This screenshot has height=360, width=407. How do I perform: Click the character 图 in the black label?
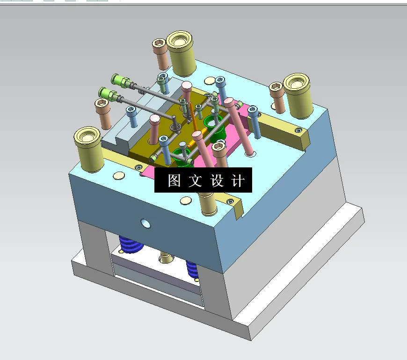174,181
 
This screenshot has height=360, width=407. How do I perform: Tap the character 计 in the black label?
238,181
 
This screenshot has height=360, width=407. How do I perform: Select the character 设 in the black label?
217,181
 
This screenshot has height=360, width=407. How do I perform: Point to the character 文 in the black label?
195,181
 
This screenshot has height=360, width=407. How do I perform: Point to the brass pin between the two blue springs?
165,257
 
